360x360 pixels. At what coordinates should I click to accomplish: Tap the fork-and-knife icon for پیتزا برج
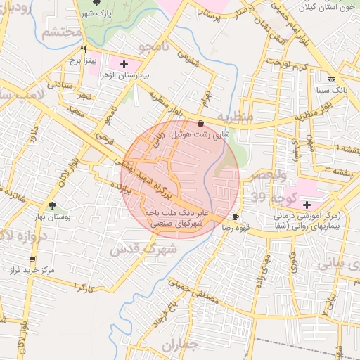[x=84, y=50]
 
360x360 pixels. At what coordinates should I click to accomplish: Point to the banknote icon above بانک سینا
[x=331, y=79]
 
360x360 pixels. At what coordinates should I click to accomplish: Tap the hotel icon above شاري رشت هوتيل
[x=202, y=123]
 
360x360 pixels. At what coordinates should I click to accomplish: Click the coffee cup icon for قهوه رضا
[x=236, y=217]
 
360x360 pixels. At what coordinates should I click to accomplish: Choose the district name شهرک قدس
[x=135, y=247]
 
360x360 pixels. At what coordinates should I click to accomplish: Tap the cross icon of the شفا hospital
[x=307, y=205]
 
